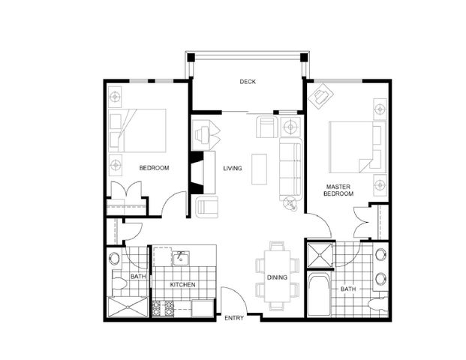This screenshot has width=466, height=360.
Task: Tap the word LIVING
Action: pos(233,168)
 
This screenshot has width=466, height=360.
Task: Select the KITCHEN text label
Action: pos(182,286)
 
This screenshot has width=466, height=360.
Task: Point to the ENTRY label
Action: pos(234,319)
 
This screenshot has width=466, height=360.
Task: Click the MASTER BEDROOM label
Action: pos(338,189)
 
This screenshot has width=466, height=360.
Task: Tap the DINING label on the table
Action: pos(277,277)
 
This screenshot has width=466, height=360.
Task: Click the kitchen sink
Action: pos(180,259)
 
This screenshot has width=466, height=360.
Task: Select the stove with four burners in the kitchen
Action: pos(164,307)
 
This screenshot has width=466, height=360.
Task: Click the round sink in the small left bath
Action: pos(114,259)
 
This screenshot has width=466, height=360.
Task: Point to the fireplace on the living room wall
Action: pos(198,171)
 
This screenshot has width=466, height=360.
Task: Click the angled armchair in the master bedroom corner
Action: pos(325,96)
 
